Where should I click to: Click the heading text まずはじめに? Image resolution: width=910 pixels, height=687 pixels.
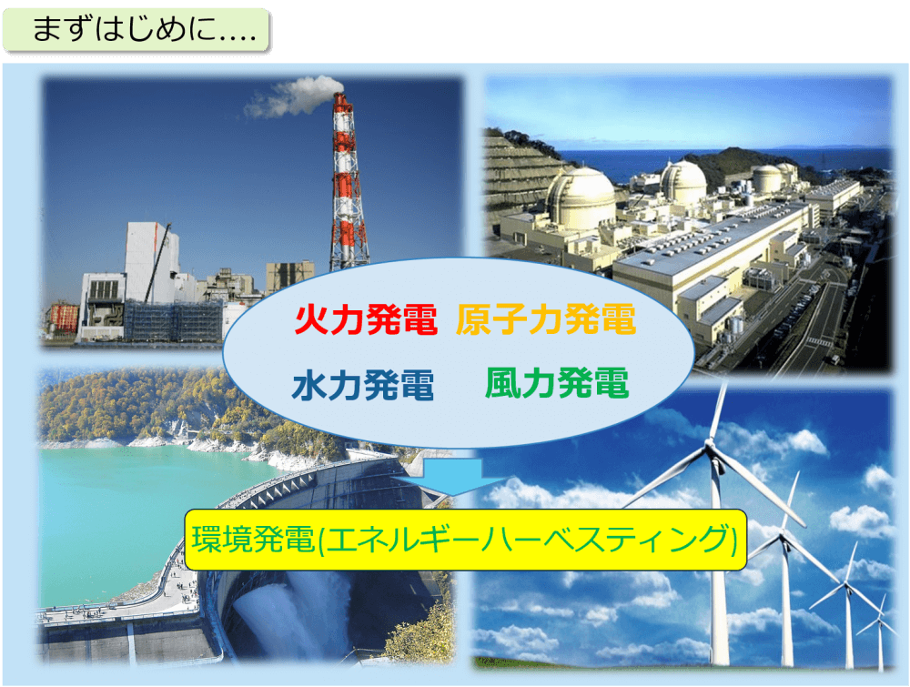pyautogui.click(x=144, y=30)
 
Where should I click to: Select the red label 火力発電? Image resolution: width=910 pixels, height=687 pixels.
pyautogui.click(x=366, y=319)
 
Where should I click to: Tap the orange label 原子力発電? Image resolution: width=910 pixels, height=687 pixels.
pyautogui.click(x=545, y=319)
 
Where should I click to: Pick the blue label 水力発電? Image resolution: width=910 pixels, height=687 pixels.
pyautogui.click(x=363, y=385)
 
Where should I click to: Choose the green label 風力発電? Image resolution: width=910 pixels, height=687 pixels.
pyautogui.click(x=557, y=383)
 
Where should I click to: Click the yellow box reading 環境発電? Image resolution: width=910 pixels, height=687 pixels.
pyautogui.click(x=465, y=540)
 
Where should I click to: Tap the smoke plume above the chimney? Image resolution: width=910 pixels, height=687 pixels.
pyautogui.click(x=293, y=96)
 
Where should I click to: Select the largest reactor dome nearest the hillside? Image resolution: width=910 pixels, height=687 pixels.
pyautogui.click(x=581, y=198)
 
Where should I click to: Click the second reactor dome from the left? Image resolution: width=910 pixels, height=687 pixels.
pyautogui.click(x=683, y=183)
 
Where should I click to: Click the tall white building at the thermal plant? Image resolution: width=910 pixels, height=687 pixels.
pyautogui.click(x=152, y=261)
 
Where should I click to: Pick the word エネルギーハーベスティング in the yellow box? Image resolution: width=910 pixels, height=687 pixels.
pyautogui.click(x=525, y=540)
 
